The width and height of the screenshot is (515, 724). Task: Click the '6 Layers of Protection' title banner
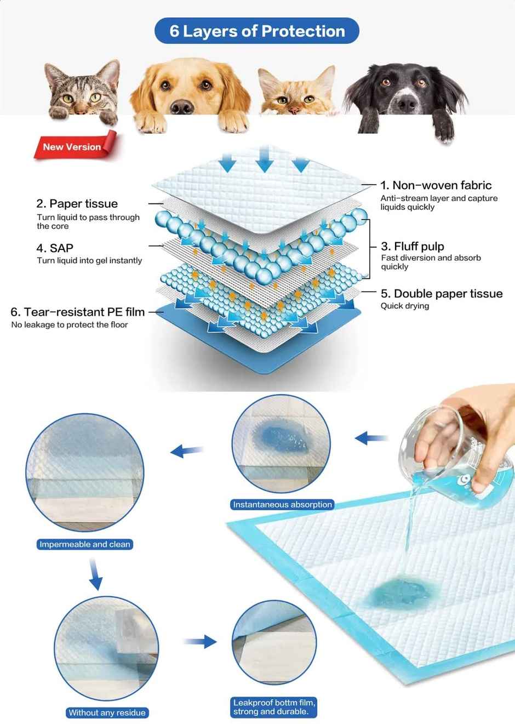point(257,31)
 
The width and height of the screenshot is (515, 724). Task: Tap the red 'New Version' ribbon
point(73,147)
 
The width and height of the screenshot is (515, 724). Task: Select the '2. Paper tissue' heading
point(77,204)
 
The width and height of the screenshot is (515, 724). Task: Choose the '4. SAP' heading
point(55,248)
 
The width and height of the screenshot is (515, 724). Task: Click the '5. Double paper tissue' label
point(442,294)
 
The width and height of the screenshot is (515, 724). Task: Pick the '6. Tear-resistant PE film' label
point(77,312)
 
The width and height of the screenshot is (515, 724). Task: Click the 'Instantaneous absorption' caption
point(282,505)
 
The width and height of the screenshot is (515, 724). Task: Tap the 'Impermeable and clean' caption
point(85,544)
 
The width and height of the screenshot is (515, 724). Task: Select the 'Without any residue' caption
point(107,712)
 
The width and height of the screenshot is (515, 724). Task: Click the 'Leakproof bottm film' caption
point(274,707)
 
